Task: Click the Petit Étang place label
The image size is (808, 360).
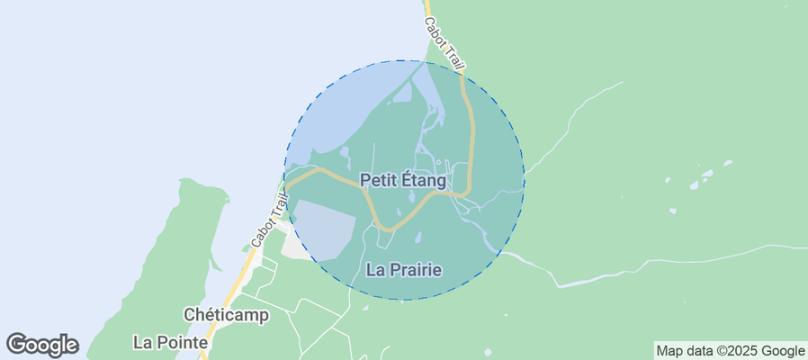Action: [403, 180]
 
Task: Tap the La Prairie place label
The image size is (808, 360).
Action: [404, 269]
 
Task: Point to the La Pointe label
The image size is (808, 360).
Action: [170, 342]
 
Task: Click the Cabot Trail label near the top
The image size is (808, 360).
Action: [445, 41]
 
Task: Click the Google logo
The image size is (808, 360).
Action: [42, 344]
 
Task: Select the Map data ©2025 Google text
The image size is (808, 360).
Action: [730, 351]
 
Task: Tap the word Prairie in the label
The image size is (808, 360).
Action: [416, 269]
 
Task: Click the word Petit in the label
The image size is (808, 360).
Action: [378, 180]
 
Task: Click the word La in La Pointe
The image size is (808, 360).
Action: [141, 342]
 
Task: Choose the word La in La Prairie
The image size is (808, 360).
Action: [376, 269]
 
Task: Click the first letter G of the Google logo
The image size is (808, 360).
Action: [17, 344]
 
